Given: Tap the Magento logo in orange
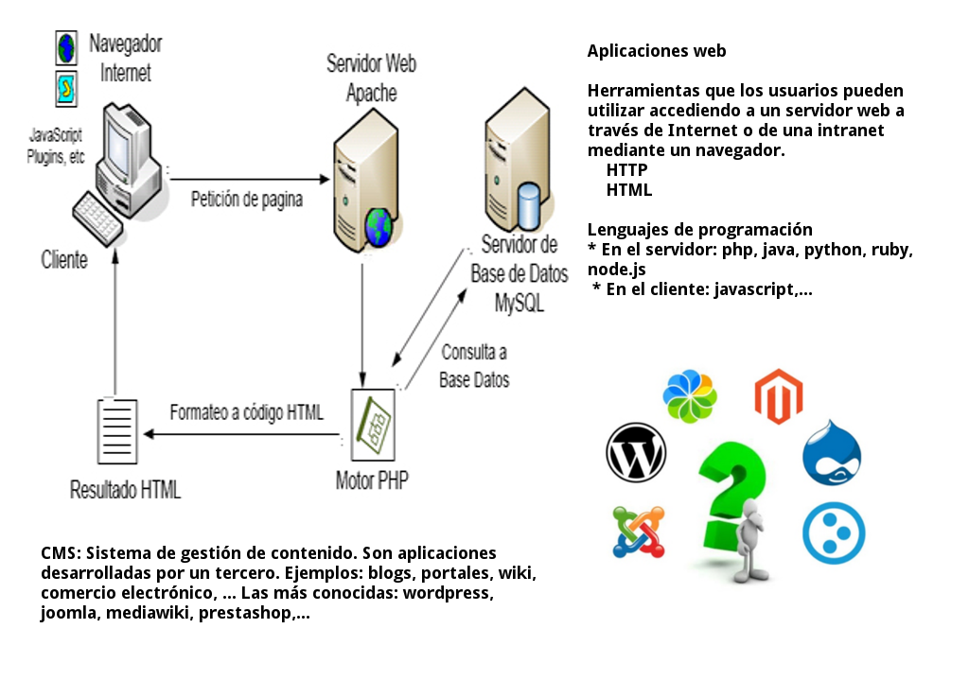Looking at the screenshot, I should (x=778, y=396).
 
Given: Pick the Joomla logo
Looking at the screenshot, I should (x=638, y=531).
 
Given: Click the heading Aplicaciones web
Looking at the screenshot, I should (x=657, y=51).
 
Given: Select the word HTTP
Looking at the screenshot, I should (x=626, y=170).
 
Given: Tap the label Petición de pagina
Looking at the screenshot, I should (x=247, y=199).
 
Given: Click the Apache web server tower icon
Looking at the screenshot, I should (x=361, y=189).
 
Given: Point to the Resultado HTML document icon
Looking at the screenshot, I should (x=118, y=431).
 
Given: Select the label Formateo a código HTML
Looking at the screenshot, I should (x=246, y=412).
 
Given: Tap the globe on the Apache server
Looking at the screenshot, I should (x=379, y=228).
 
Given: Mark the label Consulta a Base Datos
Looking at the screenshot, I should (x=474, y=366).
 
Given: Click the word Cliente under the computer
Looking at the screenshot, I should (x=64, y=260).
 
